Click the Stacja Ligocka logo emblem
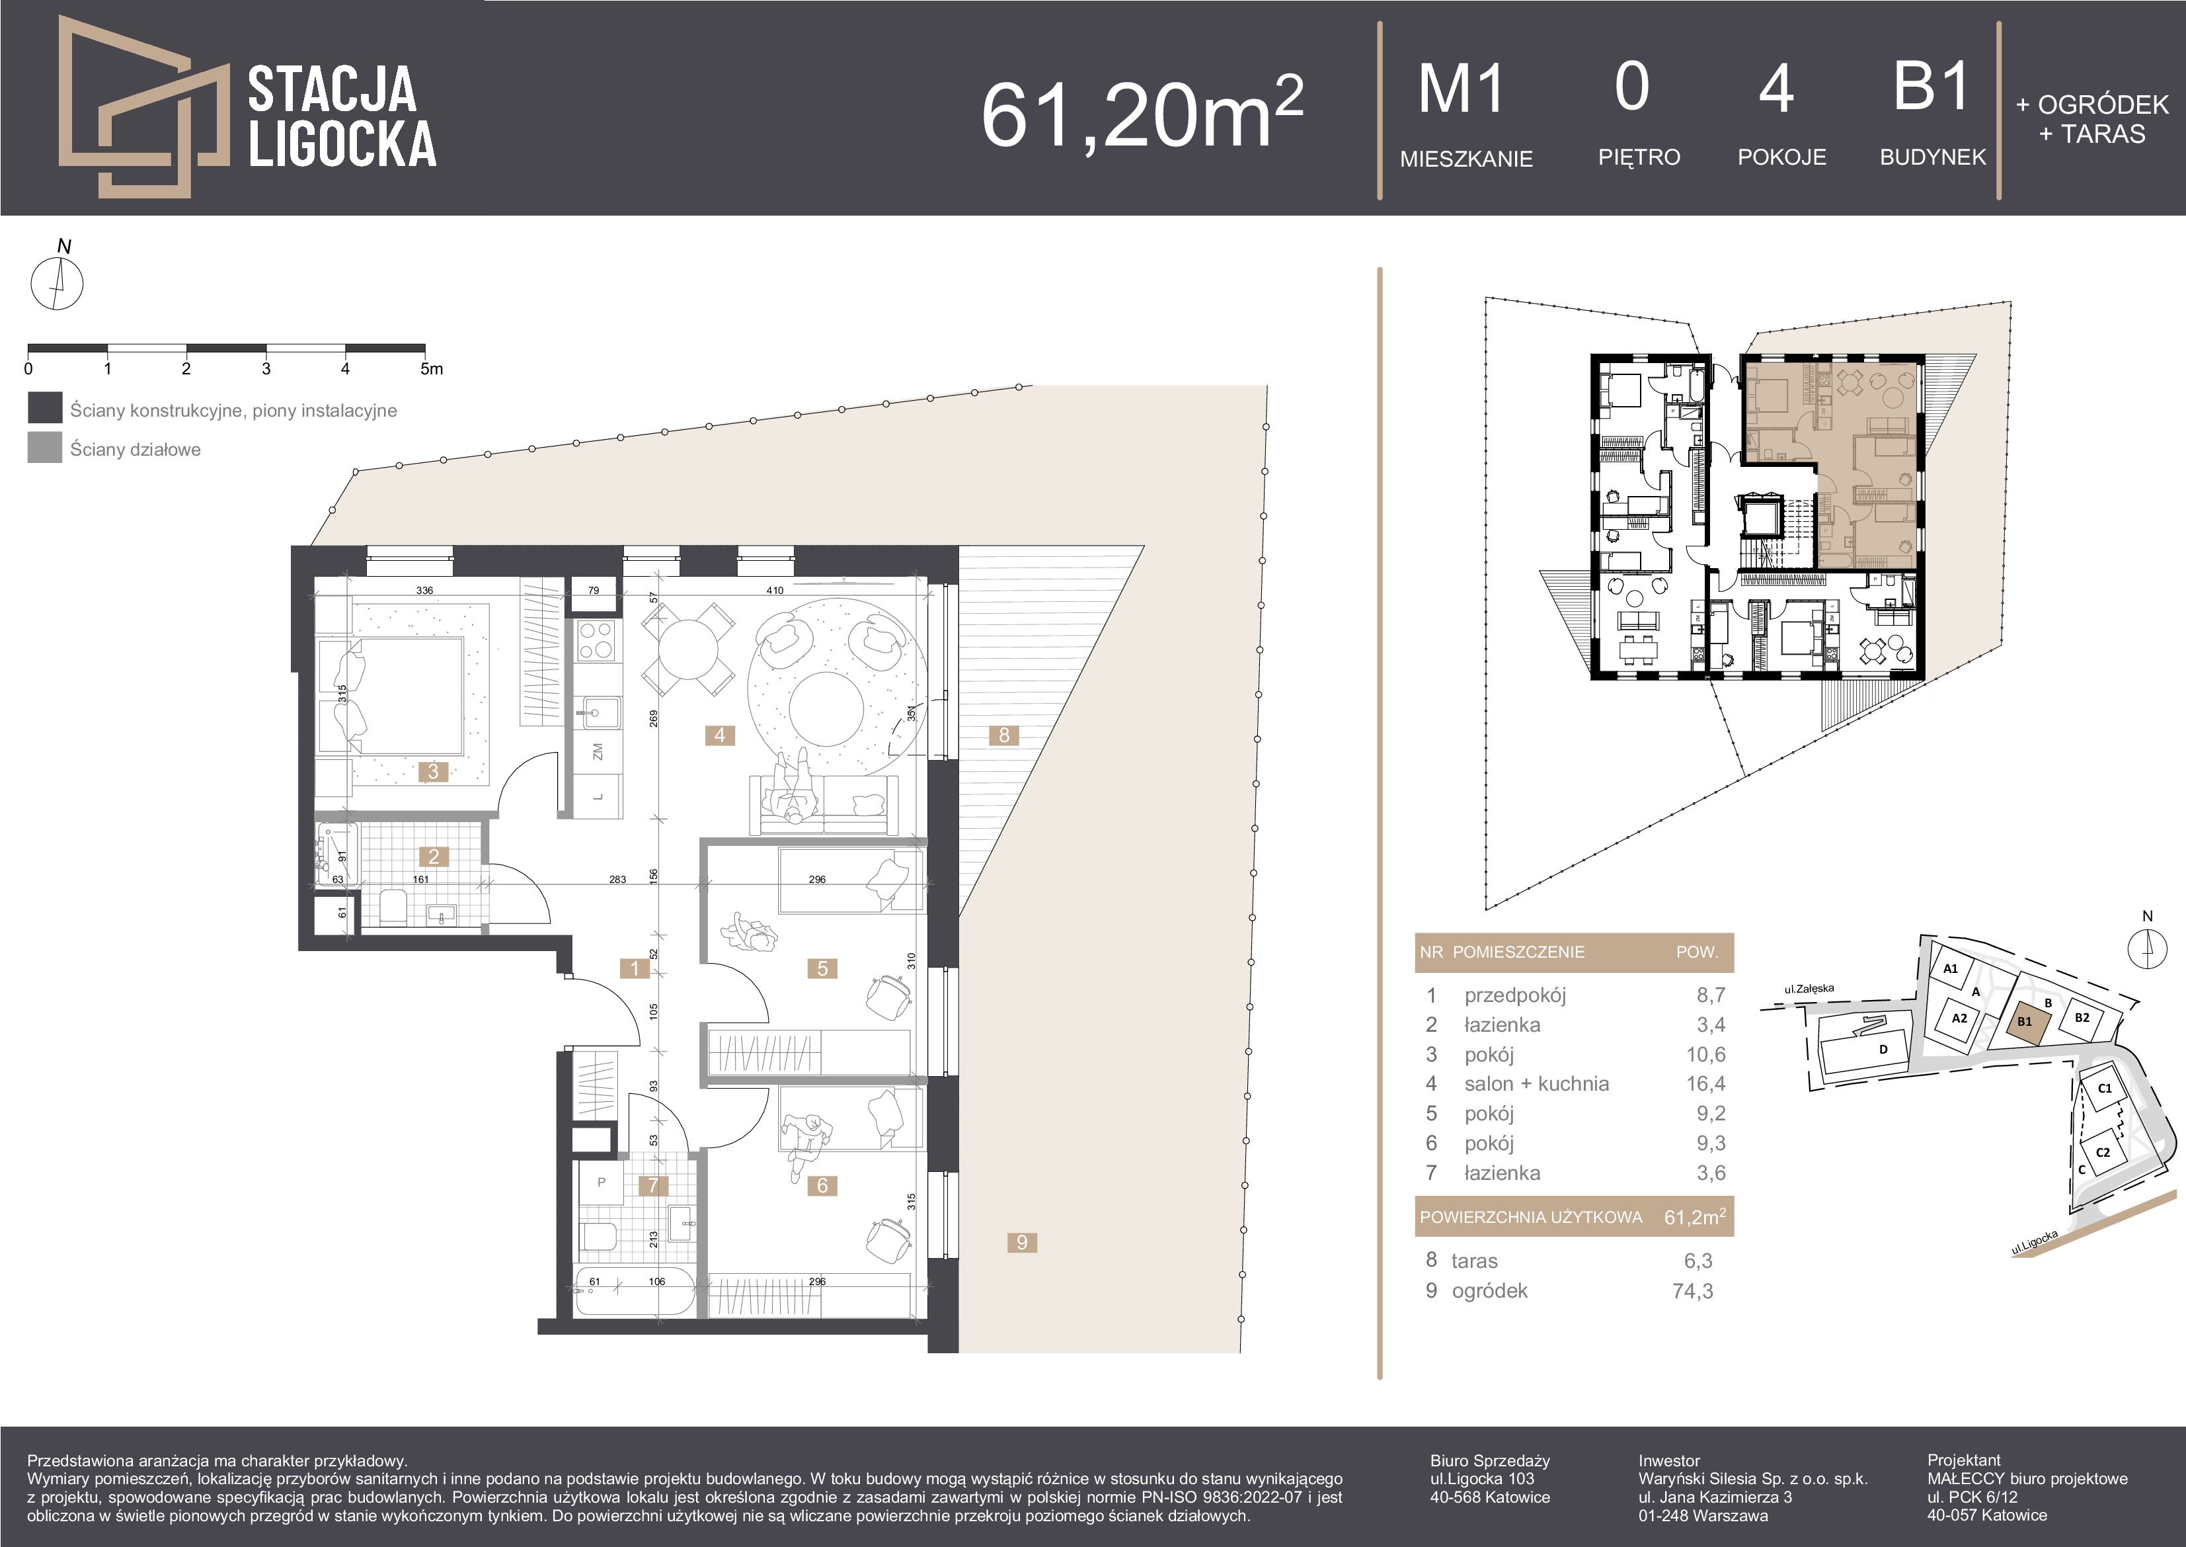pos(143,106)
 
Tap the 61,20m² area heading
pos(1142,112)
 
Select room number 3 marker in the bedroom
pos(433,772)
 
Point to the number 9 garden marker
pos(1021,1242)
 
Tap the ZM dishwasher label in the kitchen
pos(597,751)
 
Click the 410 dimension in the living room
pos(775,591)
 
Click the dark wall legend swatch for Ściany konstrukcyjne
pos(45,407)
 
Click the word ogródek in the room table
pos(1489,1291)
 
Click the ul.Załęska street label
pos(1809,989)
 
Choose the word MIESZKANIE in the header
pos(1466,159)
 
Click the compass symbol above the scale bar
pos(57,283)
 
